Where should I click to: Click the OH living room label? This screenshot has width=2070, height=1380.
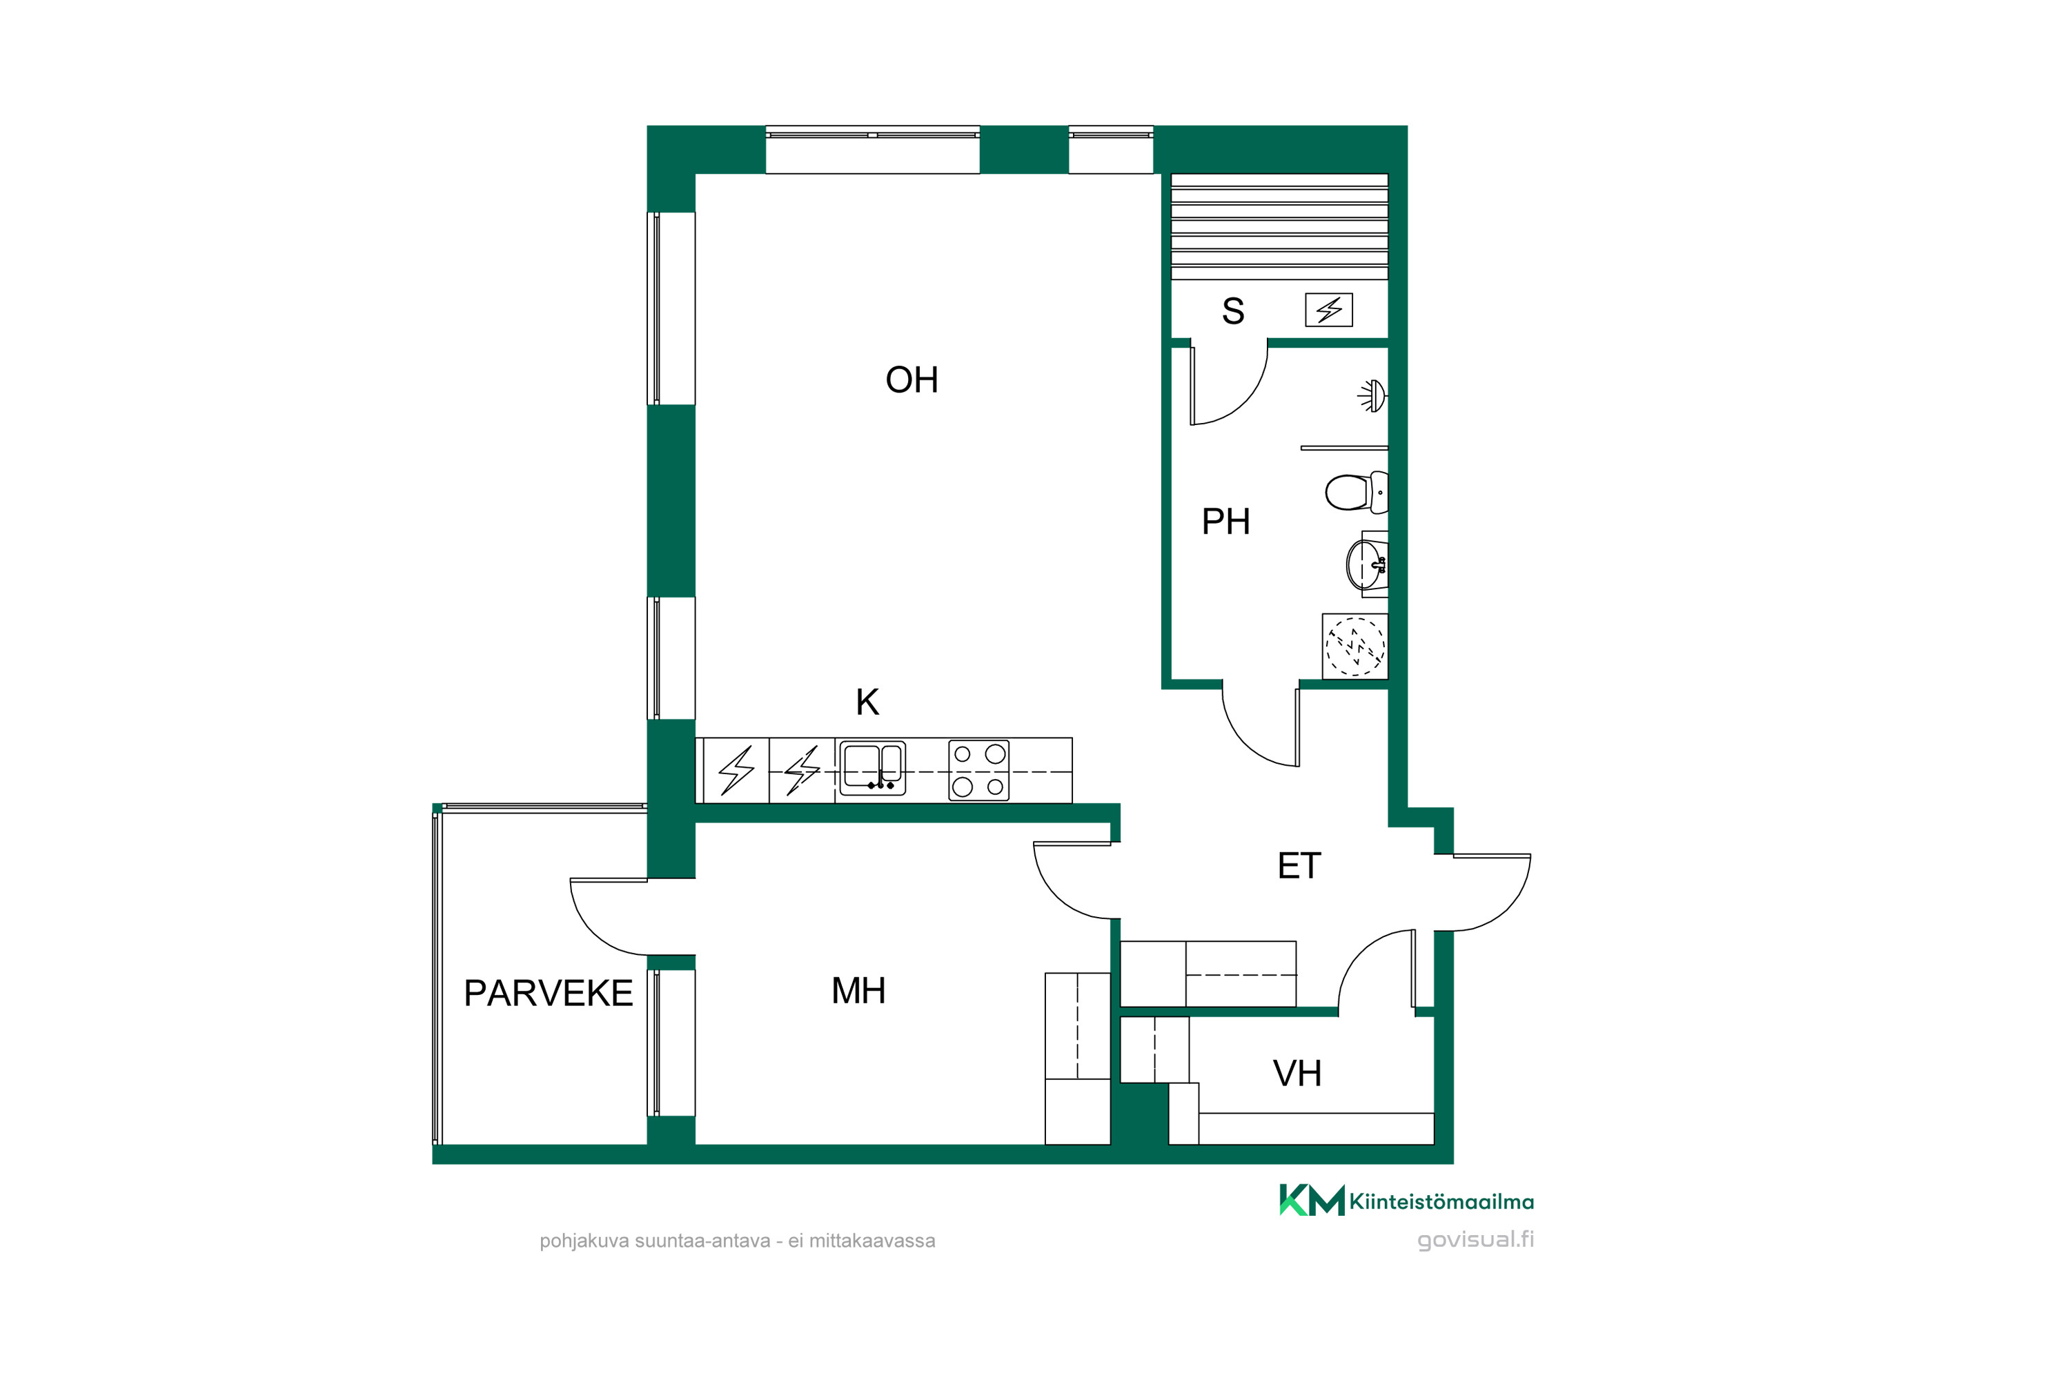pyautogui.click(x=911, y=380)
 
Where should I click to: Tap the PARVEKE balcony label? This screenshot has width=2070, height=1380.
pyautogui.click(x=549, y=994)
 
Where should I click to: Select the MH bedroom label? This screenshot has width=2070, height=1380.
pyautogui.click(x=858, y=991)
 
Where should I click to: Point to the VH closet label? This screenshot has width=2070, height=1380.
pyautogui.click(x=1297, y=1074)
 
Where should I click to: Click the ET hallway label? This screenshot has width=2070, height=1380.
pyautogui.click(x=1299, y=866)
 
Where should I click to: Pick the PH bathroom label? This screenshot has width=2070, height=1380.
pyautogui.click(x=1226, y=522)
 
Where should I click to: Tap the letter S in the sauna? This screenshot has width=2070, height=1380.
pyautogui.click(x=1233, y=310)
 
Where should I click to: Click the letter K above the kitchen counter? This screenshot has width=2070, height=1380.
pyautogui.click(x=868, y=702)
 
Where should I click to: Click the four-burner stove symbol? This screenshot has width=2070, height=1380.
pyautogui.click(x=978, y=770)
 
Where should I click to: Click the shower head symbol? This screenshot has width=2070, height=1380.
pyautogui.click(x=1372, y=396)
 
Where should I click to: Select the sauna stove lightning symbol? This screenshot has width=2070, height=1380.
pyautogui.click(x=1328, y=310)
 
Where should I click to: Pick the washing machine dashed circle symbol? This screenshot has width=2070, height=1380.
pyautogui.click(x=1354, y=647)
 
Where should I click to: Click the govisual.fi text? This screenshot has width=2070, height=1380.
pyautogui.click(x=1475, y=1239)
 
